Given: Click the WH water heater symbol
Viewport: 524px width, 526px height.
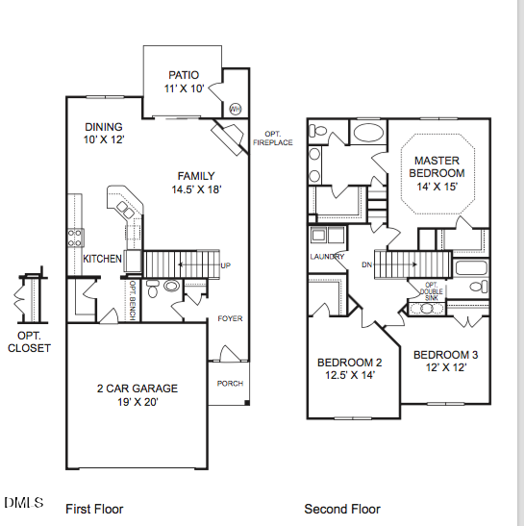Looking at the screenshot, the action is click(236, 109).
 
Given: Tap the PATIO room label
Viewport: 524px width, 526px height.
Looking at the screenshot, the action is click(184, 75).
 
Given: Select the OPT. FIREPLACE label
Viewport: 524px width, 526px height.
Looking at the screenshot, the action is click(273, 138).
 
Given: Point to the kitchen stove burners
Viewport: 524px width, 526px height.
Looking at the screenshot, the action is click(75, 238).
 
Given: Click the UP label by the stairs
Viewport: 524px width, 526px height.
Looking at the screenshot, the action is click(225, 265).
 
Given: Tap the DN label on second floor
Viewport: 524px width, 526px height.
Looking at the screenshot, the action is click(366, 264).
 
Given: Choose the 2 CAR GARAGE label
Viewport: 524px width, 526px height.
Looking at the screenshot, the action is click(137, 388).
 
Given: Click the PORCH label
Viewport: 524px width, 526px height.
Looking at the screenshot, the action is click(230, 384).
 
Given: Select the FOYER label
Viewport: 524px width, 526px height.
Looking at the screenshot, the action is click(230, 318).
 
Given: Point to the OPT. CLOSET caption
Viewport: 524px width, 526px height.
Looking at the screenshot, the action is click(29, 341).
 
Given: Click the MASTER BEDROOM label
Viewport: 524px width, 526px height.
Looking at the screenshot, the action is click(437, 166).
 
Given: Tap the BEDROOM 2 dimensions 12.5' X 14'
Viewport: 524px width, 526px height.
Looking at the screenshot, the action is click(350, 375).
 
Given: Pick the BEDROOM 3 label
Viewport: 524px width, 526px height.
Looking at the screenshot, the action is click(445, 355).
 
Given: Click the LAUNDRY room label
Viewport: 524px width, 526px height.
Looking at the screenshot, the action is click(327, 257).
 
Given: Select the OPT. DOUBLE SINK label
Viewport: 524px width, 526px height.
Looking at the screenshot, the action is click(432, 291).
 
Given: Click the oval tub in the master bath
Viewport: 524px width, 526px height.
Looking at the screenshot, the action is click(368, 133).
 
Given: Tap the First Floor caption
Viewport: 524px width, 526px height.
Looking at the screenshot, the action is click(94, 509).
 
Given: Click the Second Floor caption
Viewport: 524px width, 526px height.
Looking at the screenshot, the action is click(342, 509).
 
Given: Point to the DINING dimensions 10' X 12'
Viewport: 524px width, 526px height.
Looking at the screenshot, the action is click(104, 139).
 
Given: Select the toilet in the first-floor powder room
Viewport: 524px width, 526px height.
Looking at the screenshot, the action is click(153, 288).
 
